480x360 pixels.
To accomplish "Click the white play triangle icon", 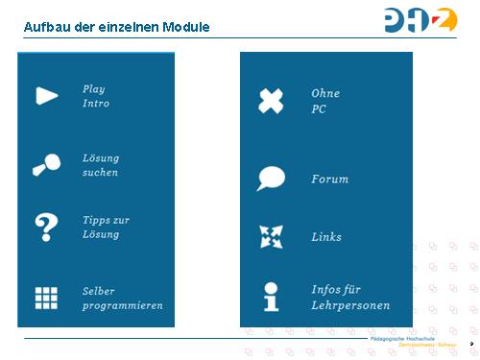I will click(46, 95).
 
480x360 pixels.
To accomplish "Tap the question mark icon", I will click(45, 227).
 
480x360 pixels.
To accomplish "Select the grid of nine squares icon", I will click(46, 299).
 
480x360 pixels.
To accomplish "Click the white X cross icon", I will click(272, 101).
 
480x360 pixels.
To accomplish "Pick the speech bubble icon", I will click(271, 179).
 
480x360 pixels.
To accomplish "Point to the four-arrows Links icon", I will click(272, 236).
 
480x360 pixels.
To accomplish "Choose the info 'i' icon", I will click(272, 297).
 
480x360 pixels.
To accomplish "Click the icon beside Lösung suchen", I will click(45, 164).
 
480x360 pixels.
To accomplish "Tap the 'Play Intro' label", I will click(96, 96).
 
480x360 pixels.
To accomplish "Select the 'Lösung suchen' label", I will click(101, 165).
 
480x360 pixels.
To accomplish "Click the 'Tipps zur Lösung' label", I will click(106, 227).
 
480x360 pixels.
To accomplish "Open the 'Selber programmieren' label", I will click(122, 298).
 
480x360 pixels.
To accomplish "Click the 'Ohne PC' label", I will click(325, 101).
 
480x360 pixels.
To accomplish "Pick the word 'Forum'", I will click(329, 180).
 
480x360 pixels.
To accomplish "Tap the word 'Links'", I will click(326, 237).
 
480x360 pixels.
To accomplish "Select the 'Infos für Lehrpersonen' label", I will click(350, 297).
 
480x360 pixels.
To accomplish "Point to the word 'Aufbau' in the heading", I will click(46, 26).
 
